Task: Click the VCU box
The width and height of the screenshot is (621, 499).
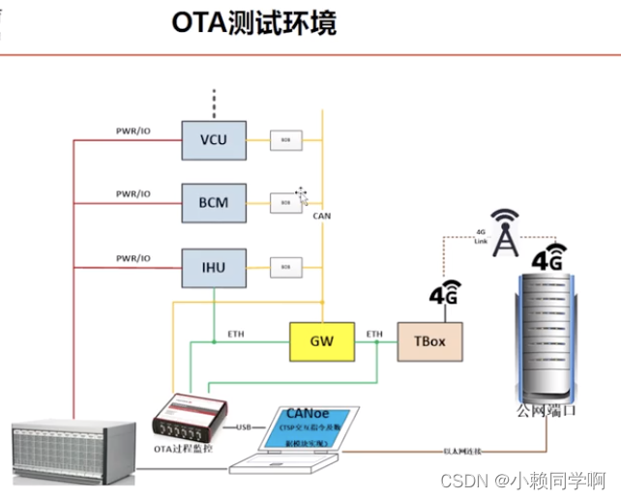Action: tap(214, 140)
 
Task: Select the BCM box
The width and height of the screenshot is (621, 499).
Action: tap(214, 202)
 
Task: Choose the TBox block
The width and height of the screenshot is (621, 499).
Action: tap(430, 342)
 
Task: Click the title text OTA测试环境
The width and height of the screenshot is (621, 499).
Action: tap(254, 23)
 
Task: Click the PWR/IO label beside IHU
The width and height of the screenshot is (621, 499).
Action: tap(133, 258)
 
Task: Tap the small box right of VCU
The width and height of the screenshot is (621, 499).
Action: tap(285, 141)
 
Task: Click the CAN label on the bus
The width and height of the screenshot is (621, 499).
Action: tap(323, 217)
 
